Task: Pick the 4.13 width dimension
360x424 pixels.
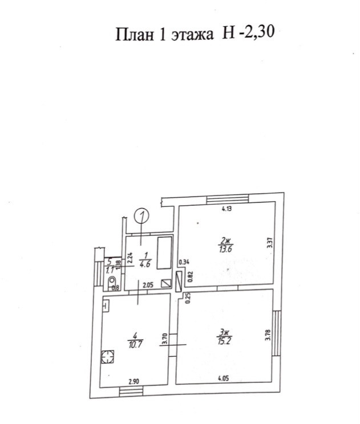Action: [227, 209]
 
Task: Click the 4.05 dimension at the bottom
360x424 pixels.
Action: [224, 377]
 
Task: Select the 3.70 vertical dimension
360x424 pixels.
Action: [164, 341]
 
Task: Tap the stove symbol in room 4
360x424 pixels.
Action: [107, 357]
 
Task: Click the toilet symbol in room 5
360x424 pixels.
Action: [112, 282]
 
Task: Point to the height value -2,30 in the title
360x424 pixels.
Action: [257, 34]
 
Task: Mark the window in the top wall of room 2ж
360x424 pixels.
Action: [225, 199]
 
